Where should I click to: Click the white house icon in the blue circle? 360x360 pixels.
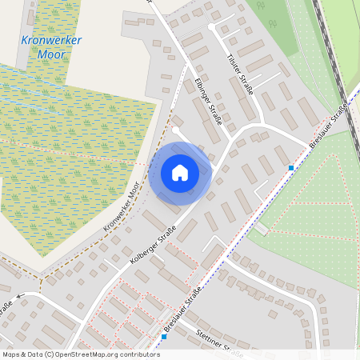(x=180, y=172)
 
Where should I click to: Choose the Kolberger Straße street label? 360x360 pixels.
(x=150, y=244)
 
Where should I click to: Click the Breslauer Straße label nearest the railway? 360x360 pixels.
(x=329, y=126)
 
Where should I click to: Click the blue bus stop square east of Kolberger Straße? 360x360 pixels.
(x=291, y=168)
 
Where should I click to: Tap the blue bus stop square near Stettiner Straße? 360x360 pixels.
(x=164, y=337)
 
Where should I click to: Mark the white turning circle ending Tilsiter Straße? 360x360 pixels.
(x=212, y=26)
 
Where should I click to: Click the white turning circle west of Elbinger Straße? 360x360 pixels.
(x=175, y=129)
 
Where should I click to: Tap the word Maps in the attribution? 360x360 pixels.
(x=12, y=354)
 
